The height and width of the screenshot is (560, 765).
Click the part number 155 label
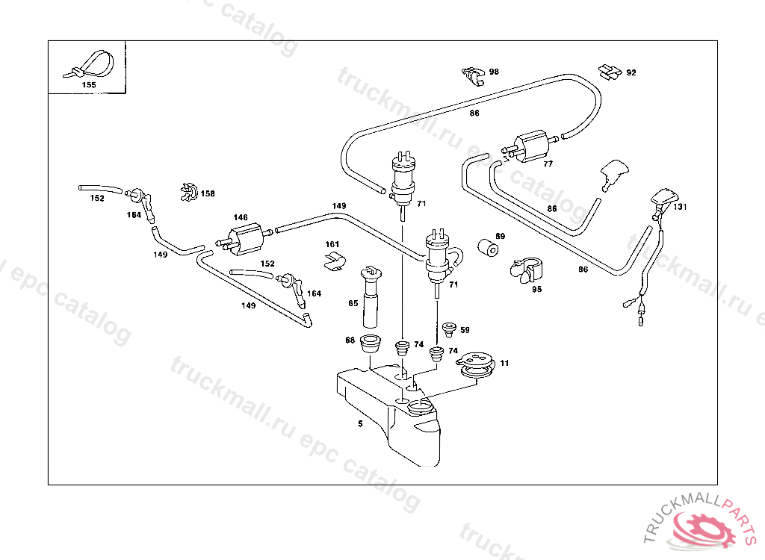[88, 85]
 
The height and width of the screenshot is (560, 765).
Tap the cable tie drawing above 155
[91, 64]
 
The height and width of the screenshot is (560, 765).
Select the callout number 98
[494, 72]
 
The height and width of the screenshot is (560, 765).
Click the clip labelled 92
[610, 72]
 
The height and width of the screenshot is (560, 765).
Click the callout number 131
[679, 207]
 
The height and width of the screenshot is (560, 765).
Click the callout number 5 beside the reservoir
[360, 423]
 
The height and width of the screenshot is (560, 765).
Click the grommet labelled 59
[449, 329]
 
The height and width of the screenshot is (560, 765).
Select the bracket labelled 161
[333, 259]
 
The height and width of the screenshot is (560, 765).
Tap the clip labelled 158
[189, 193]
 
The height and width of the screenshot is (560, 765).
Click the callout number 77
[548, 164]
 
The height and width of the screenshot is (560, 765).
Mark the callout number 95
[536, 289]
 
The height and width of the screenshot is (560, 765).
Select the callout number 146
[240, 217]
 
